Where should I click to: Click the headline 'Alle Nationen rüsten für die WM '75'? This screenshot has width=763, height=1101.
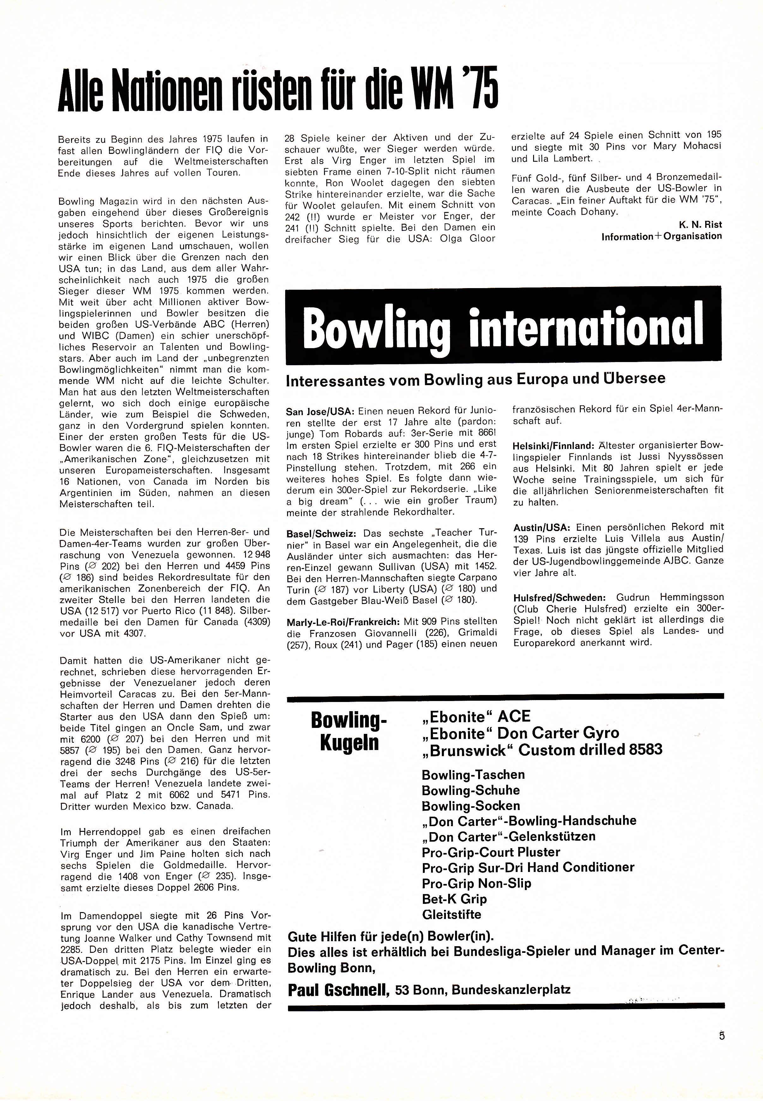(x=277, y=90)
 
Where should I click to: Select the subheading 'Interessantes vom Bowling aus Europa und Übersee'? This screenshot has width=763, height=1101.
(x=475, y=379)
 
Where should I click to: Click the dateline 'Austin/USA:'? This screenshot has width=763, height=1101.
(x=542, y=528)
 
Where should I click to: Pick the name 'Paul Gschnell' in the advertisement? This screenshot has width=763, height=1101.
(x=339, y=990)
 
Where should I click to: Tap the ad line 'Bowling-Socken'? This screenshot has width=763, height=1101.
(x=471, y=806)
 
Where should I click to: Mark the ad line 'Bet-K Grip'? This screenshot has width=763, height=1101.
(x=454, y=899)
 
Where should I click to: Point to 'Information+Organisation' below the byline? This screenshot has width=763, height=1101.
(x=662, y=236)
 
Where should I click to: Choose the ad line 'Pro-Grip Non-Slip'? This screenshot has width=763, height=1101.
(x=476, y=883)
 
